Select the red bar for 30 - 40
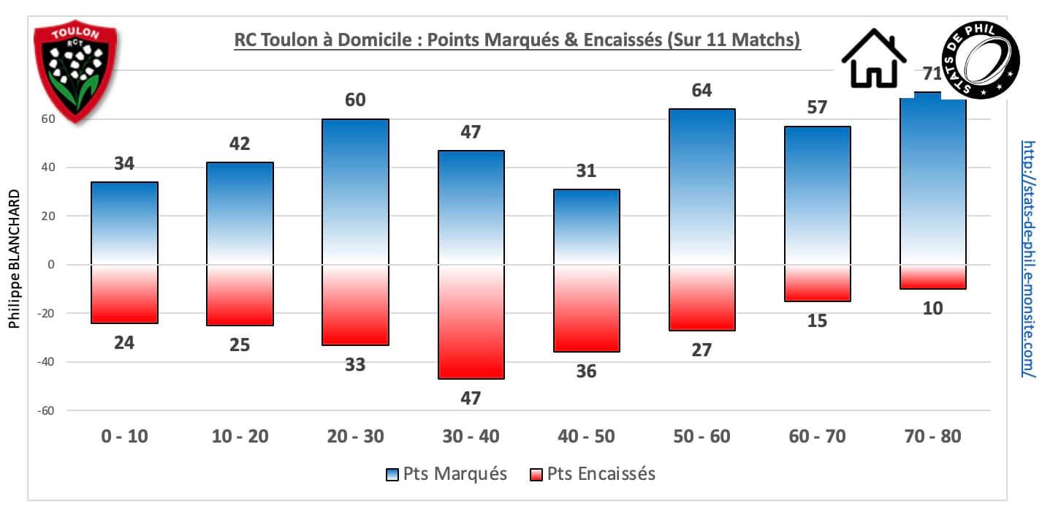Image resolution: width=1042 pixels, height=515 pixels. (471, 321)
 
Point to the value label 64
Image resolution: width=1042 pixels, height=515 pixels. (702, 91)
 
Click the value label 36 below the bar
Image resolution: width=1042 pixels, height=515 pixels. (587, 372)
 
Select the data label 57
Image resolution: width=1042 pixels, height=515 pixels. (818, 108)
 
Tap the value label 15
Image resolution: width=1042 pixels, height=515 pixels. (818, 320)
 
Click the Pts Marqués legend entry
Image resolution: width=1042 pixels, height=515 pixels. (446, 474)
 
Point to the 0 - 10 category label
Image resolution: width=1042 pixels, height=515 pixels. (125, 437)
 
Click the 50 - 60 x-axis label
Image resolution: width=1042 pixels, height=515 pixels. (702, 437)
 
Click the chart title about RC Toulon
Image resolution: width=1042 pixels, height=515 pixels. (517, 41)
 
